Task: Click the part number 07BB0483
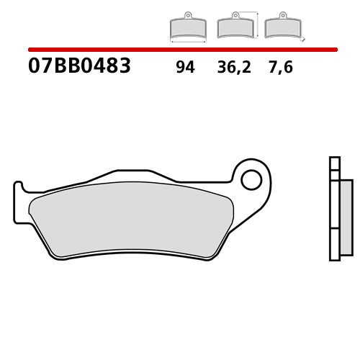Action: (79, 67)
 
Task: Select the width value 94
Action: (184, 68)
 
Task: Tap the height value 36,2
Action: (233, 68)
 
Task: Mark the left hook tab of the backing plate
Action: (19, 202)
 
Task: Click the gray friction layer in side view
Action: (346, 216)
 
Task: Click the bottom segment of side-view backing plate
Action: (334, 244)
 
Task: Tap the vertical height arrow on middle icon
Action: (258, 24)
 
